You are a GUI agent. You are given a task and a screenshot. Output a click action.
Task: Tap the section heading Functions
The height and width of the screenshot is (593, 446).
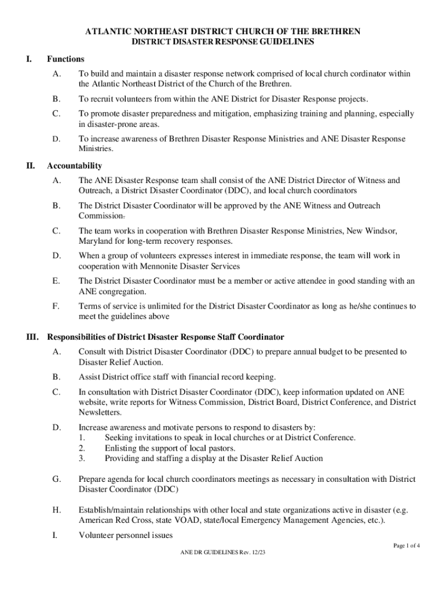[x=65, y=59]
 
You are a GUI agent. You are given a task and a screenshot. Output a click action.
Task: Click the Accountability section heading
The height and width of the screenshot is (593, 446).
[x=74, y=166]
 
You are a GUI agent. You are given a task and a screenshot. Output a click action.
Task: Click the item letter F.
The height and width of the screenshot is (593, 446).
[x=56, y=306]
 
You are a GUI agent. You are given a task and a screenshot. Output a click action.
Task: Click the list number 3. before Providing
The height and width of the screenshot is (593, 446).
[x=82, y=458]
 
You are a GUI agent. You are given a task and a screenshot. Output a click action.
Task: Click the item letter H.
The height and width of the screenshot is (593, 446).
[x=56, y=510]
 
